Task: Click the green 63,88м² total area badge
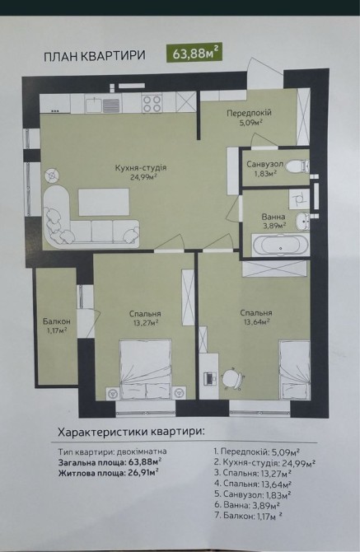coord(194,54)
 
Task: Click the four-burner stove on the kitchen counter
coord(152,103)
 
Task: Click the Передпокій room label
coord(249,113)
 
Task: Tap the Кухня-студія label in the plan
coord(141,168)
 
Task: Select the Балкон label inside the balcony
coord(57,321)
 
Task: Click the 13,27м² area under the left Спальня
coord(144,322)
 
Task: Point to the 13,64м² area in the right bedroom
coord(256,321)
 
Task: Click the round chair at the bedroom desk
coord(232,377)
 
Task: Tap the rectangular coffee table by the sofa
coord(104,202)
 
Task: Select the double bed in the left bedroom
coord(146,369)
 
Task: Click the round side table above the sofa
coord(52,175)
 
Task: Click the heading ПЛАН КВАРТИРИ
coord(94,56)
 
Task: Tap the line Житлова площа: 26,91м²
coord(108,473)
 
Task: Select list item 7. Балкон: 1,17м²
coord(248,516)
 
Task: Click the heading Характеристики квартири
coord(130,432)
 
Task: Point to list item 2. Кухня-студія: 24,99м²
coord(264,462)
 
